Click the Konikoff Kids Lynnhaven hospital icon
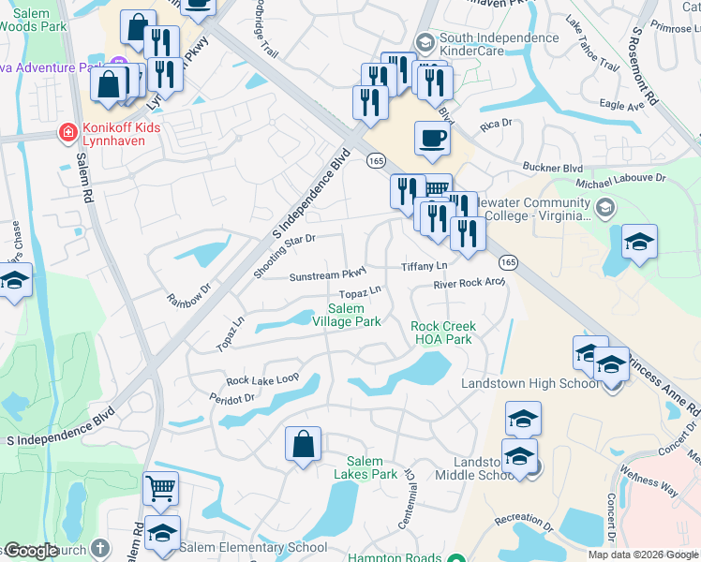(x=67, y=133)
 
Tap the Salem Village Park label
(x=354, y=316)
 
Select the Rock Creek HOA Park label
(x=442, y=333)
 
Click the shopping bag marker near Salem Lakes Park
(x=304, y=444)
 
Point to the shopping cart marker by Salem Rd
(x=160, y=488)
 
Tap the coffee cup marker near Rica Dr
(x=431, y=140)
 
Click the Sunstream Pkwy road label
(x=327, y=276)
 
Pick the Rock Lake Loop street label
(x=262, y=379)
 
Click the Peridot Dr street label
(x=232, y=398)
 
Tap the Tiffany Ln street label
(x=425, y=266)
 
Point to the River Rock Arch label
(x=469, y=284)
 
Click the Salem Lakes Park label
(x=372, y=467)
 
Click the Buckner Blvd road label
(x=552, y=168)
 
